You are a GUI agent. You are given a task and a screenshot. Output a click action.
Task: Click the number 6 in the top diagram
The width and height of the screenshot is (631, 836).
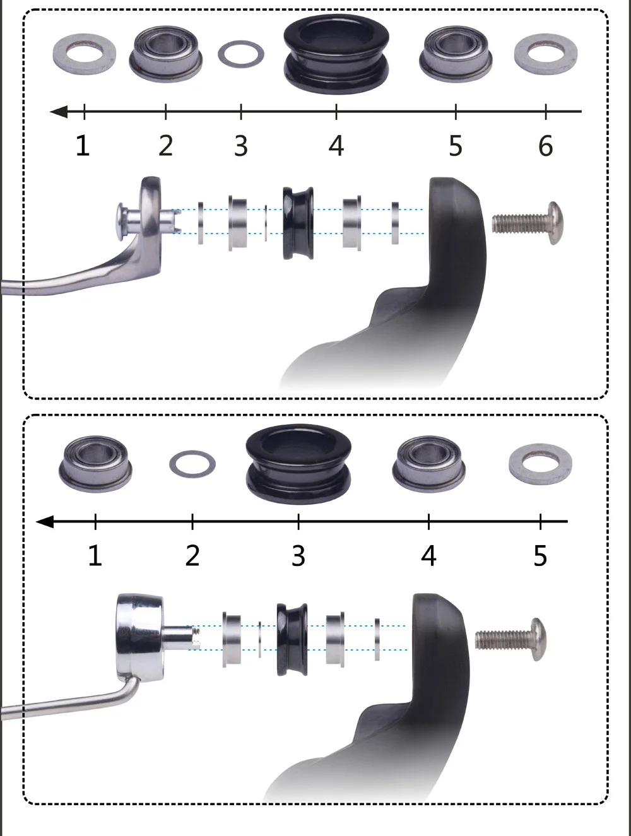point(546,146)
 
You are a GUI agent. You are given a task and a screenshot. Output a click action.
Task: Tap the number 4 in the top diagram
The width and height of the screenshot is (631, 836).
point(336,146)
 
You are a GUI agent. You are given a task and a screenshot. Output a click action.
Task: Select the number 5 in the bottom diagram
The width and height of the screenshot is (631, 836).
point(540,556)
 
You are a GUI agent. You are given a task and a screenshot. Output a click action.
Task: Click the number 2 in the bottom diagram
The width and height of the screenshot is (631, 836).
point(192,556)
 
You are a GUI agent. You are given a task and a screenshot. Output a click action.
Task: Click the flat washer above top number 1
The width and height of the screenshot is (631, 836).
point(84,54)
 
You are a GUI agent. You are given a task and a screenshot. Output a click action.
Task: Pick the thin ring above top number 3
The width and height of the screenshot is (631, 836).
point(240,54)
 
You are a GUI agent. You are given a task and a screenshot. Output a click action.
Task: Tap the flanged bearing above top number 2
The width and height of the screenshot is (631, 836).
point(165,54)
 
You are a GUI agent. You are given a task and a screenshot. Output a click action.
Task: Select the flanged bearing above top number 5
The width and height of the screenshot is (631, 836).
point(455,53)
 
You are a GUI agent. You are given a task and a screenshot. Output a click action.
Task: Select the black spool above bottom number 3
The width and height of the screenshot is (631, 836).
point(298,464)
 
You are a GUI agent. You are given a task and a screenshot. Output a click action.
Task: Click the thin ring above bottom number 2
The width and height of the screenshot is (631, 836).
point(192,465)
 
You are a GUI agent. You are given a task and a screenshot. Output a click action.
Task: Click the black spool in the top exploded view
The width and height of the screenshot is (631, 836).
point(298,223)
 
